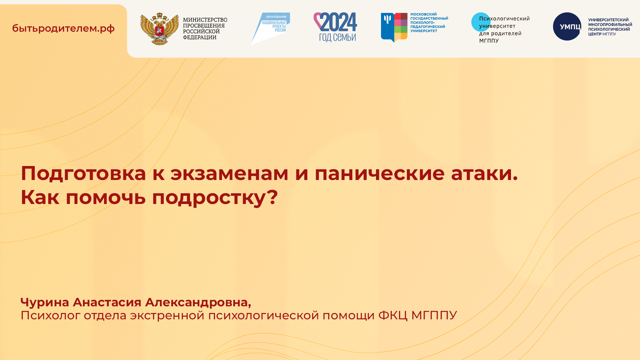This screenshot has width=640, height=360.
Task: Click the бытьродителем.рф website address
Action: (63, 28)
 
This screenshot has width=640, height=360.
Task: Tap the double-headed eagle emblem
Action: (159, 29)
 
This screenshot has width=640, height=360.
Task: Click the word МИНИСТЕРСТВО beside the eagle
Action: (205, 20)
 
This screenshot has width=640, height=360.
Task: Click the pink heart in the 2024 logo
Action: (317, 20)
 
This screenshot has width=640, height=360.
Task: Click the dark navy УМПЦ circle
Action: (567, 27)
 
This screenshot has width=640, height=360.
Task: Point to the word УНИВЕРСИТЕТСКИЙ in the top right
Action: (608, 20)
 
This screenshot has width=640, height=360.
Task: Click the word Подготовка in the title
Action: (83, 173)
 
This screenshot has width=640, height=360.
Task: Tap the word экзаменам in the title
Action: (229, 173)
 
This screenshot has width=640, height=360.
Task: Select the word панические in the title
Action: (379, 173)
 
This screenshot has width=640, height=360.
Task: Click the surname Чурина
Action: (45, 302)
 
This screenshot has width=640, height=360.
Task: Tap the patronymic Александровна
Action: (197, 302)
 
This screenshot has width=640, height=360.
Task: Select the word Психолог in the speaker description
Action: (50, 315)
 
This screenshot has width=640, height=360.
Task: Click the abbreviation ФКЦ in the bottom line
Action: (392, 315)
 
